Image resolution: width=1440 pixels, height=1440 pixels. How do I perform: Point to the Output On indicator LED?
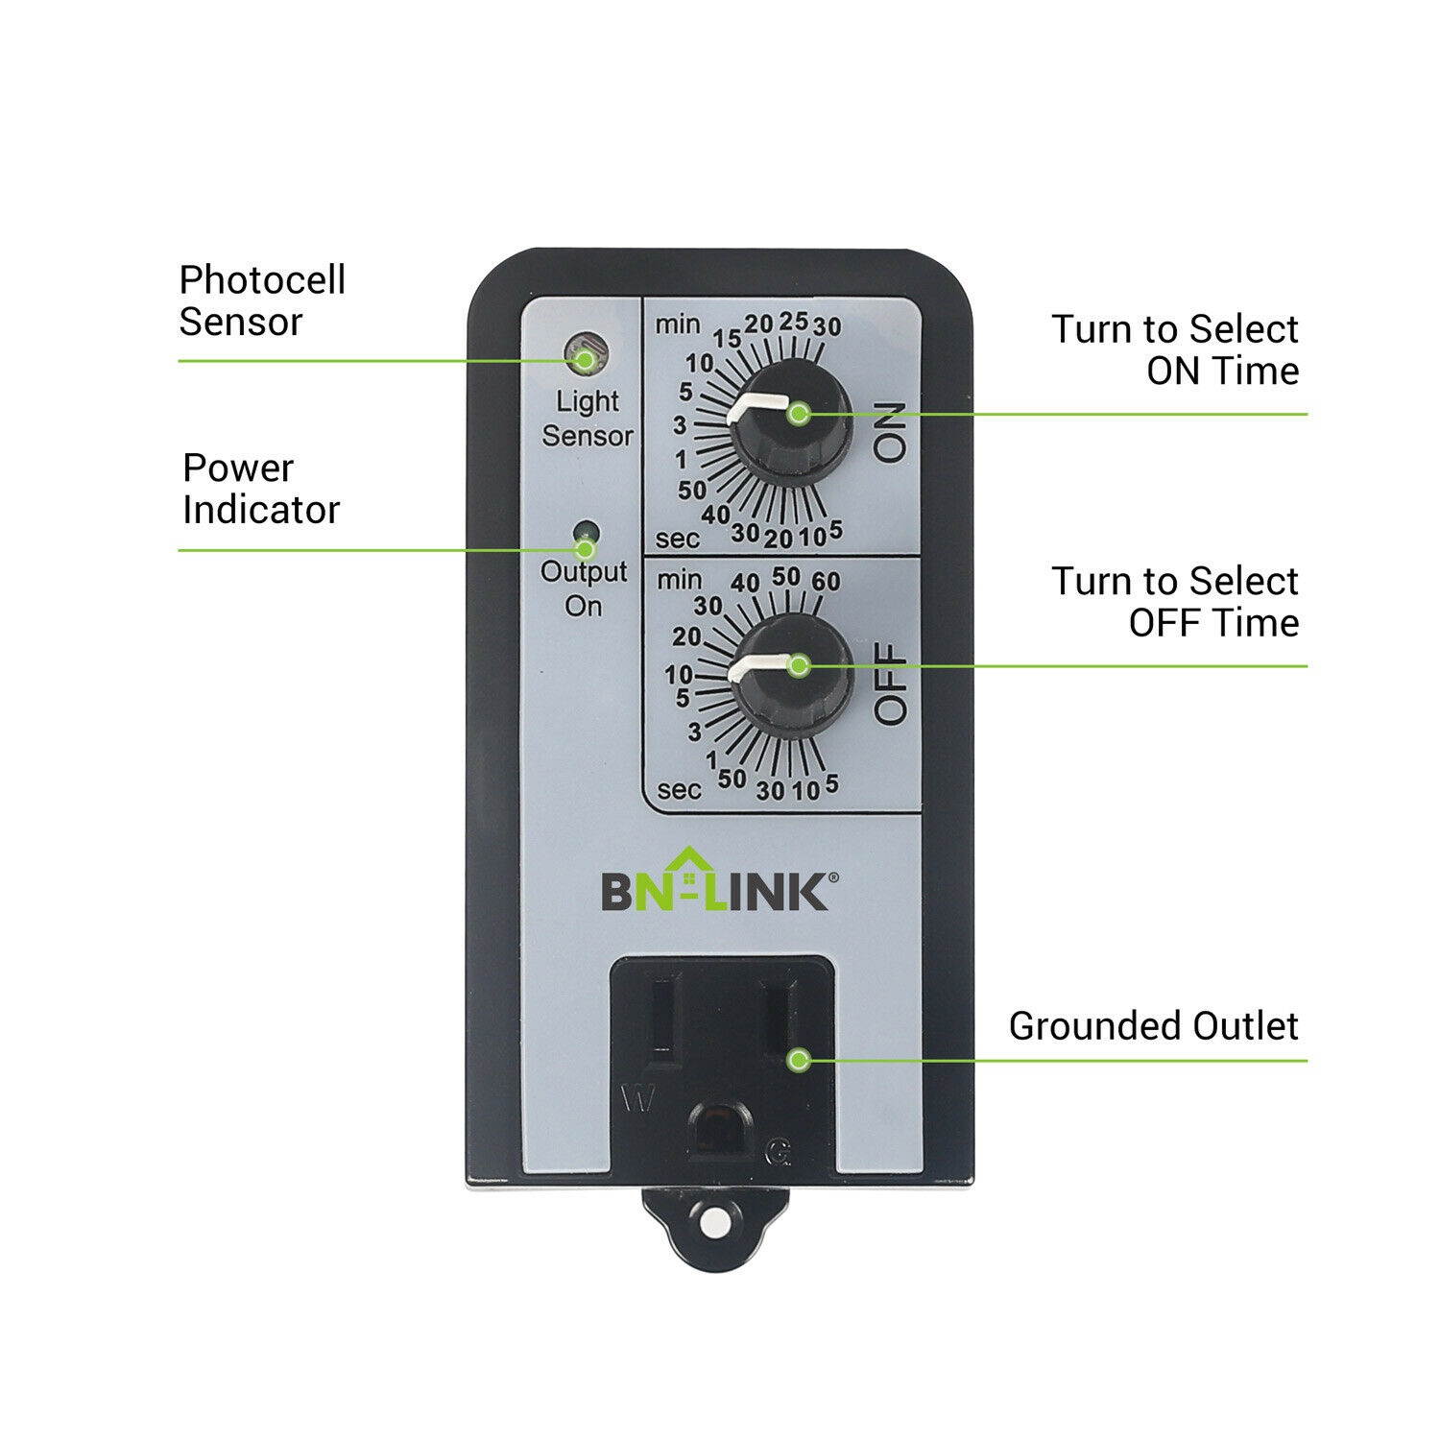(583, 531)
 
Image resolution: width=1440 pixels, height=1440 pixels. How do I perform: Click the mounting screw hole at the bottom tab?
(713, 1224)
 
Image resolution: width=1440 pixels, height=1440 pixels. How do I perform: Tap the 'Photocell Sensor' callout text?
(262, 300)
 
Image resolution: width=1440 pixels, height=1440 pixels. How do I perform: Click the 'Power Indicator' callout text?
(261, 489)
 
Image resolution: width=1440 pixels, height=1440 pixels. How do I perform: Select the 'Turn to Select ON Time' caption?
(1175, 349)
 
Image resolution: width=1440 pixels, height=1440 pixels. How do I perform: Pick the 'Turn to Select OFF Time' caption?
(1175, 602)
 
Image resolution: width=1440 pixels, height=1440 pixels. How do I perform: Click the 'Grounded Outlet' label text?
(1153, 1026)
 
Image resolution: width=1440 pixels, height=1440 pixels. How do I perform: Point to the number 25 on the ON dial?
(793, 322)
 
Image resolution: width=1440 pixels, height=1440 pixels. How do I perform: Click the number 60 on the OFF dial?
(826, 581)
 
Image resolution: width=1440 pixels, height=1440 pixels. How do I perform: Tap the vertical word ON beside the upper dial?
(890, 433)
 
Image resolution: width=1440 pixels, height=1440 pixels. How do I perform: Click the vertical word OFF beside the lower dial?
(891, 684)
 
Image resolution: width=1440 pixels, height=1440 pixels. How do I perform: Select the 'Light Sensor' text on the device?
(587, 419)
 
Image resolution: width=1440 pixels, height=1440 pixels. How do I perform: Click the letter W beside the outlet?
(638, 1099)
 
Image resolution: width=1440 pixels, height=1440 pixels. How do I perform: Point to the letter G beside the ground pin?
(778, 1153)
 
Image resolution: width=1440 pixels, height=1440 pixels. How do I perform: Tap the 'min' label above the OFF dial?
(679, 580)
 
